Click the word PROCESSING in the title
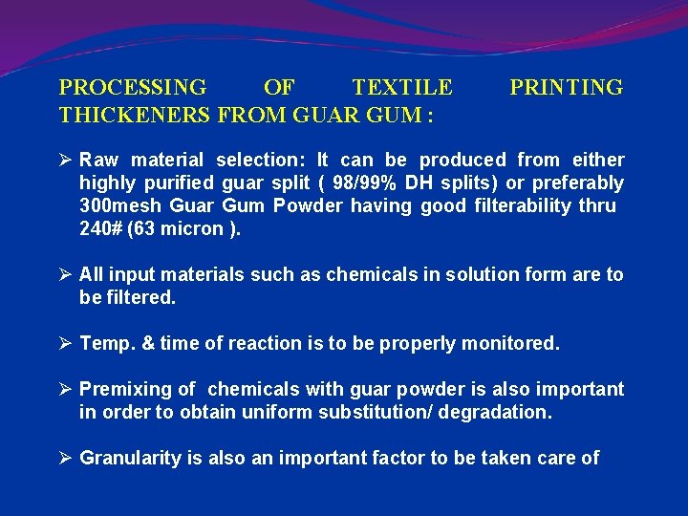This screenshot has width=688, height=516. pyautogui.click(x=133, y=89)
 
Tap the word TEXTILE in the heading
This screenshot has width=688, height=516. pyautogui.click(x=402, y=89)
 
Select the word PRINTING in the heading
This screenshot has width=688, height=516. pyautogui.click(x=566, y=89)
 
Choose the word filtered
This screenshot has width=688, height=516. pyautogui.click(x=139, y=298)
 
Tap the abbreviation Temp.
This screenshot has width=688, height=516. pyautogui.click(x=107, y=344)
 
